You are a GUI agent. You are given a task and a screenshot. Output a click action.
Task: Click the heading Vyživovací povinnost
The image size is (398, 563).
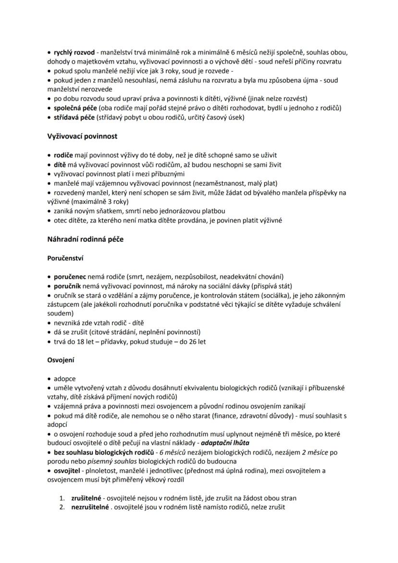82,136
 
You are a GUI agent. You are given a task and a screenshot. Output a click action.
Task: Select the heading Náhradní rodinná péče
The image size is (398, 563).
85,239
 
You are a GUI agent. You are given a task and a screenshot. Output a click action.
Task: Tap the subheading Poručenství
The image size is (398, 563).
65,258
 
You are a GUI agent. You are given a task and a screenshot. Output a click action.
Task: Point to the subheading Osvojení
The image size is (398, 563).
61,360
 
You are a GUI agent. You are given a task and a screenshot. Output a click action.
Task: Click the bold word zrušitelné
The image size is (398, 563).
87,498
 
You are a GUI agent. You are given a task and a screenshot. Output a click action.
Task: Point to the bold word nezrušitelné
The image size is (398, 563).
90,507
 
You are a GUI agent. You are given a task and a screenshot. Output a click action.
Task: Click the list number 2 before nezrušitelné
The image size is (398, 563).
62,507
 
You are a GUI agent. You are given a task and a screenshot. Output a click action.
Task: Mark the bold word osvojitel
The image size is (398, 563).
69,470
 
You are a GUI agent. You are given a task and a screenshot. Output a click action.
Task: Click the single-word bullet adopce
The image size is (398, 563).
64,378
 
